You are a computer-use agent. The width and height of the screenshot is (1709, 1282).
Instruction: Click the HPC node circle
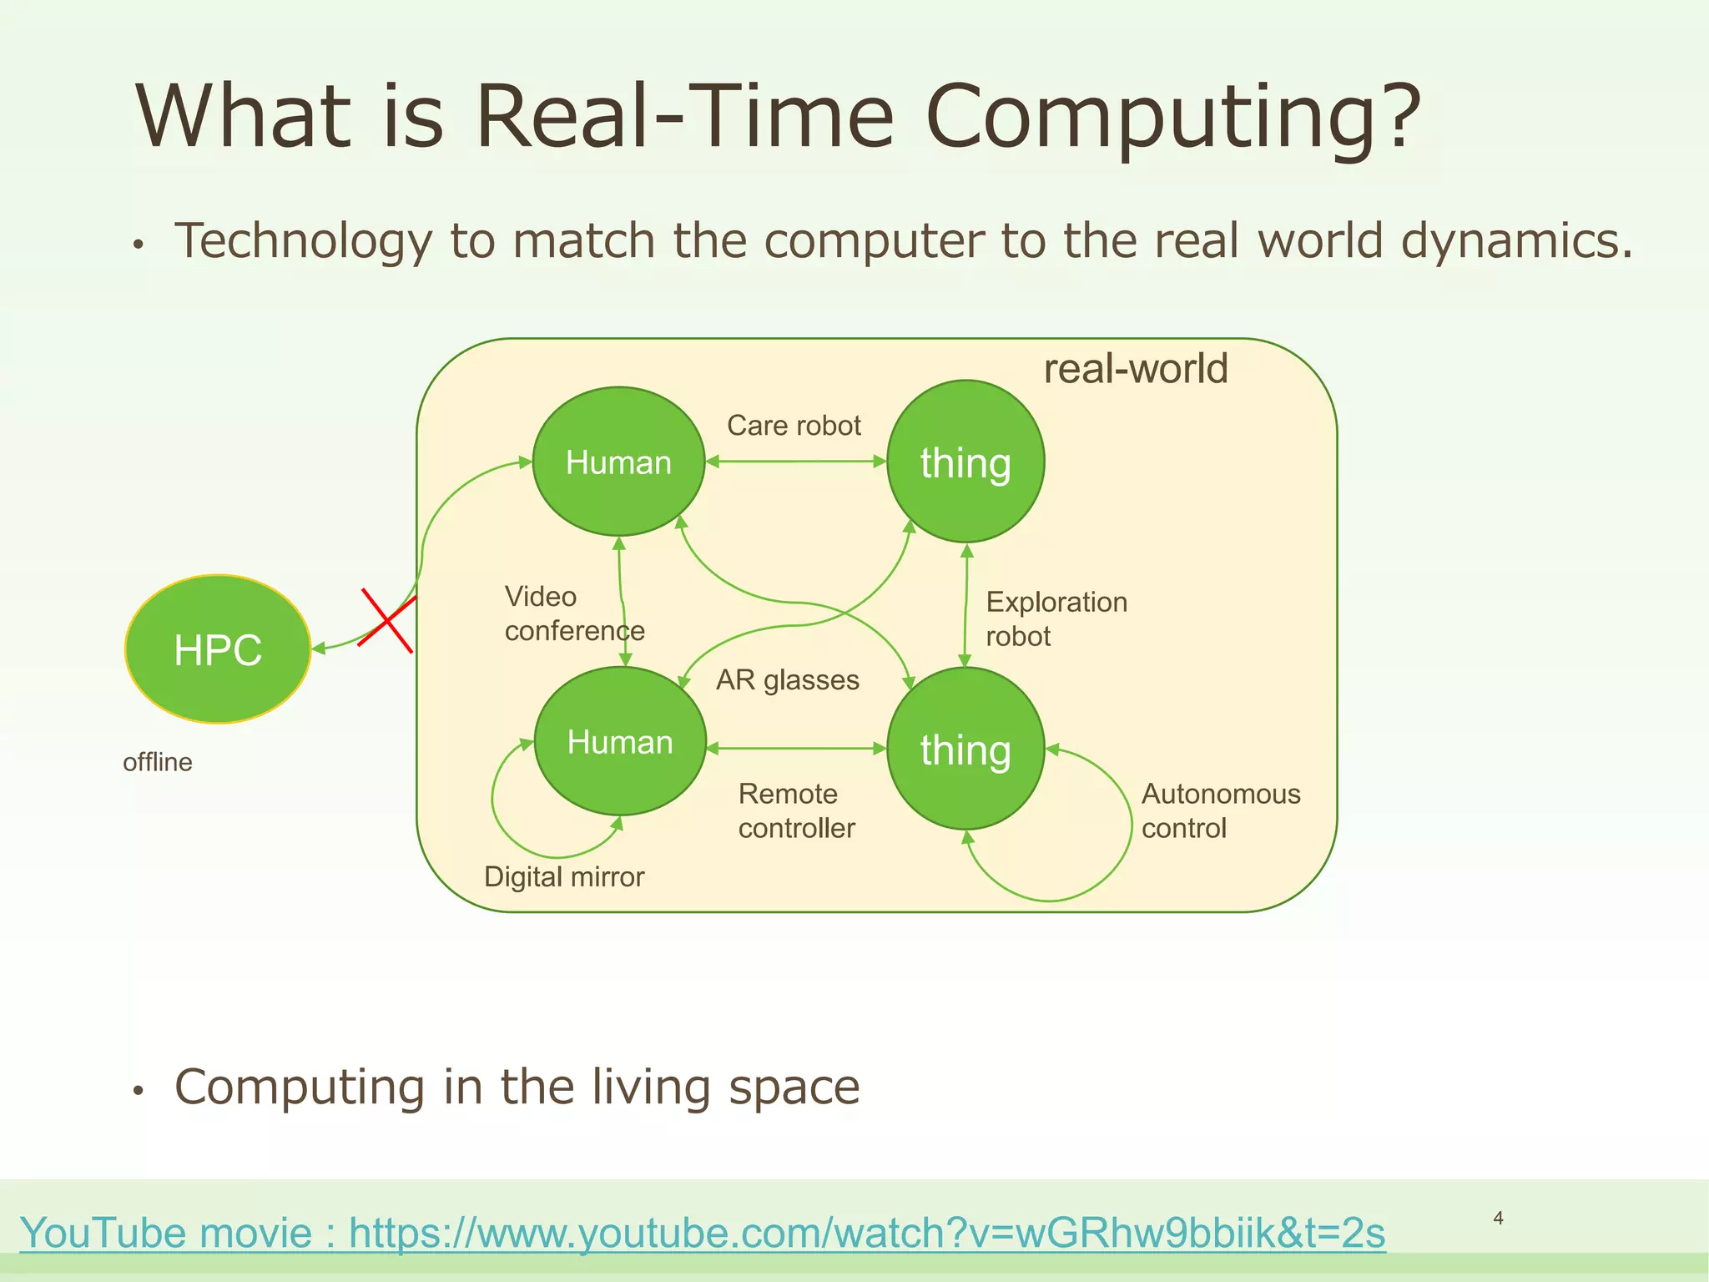[x=218, y=649]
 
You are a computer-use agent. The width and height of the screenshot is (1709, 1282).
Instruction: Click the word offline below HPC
[x=157, y=762]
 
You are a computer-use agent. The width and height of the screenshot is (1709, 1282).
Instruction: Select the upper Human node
[x=618, y=462]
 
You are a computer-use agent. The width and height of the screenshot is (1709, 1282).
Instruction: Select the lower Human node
[x=619, y=741]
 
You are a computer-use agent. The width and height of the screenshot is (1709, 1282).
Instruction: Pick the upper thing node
[x=965, y=462]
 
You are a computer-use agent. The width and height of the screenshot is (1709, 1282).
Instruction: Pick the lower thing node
[x=965, y=749]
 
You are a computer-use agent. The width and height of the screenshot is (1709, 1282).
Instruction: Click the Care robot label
[x=794, y=426]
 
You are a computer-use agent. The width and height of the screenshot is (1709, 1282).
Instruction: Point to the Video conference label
[x=574, y=613]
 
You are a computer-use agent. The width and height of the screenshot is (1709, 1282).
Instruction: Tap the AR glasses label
[x=787, y=680]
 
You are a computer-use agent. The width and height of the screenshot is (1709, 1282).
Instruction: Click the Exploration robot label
[x=1056, y=618]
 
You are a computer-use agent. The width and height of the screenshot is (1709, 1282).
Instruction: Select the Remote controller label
[x=796, y=810]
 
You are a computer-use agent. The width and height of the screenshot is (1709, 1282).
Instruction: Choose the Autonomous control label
[x=1220, y=810]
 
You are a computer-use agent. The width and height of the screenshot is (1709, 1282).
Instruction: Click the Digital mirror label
[x=564, y=876]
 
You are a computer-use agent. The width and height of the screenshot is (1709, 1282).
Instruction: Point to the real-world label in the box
[x=1135, y=369]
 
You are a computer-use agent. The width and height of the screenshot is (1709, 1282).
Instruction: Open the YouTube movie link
[x=702, y=1233]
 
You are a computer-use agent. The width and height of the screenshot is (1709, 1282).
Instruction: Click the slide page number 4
[x=1498, y=1219]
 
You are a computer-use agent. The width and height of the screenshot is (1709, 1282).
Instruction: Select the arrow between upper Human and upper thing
[x=795, y=461]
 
